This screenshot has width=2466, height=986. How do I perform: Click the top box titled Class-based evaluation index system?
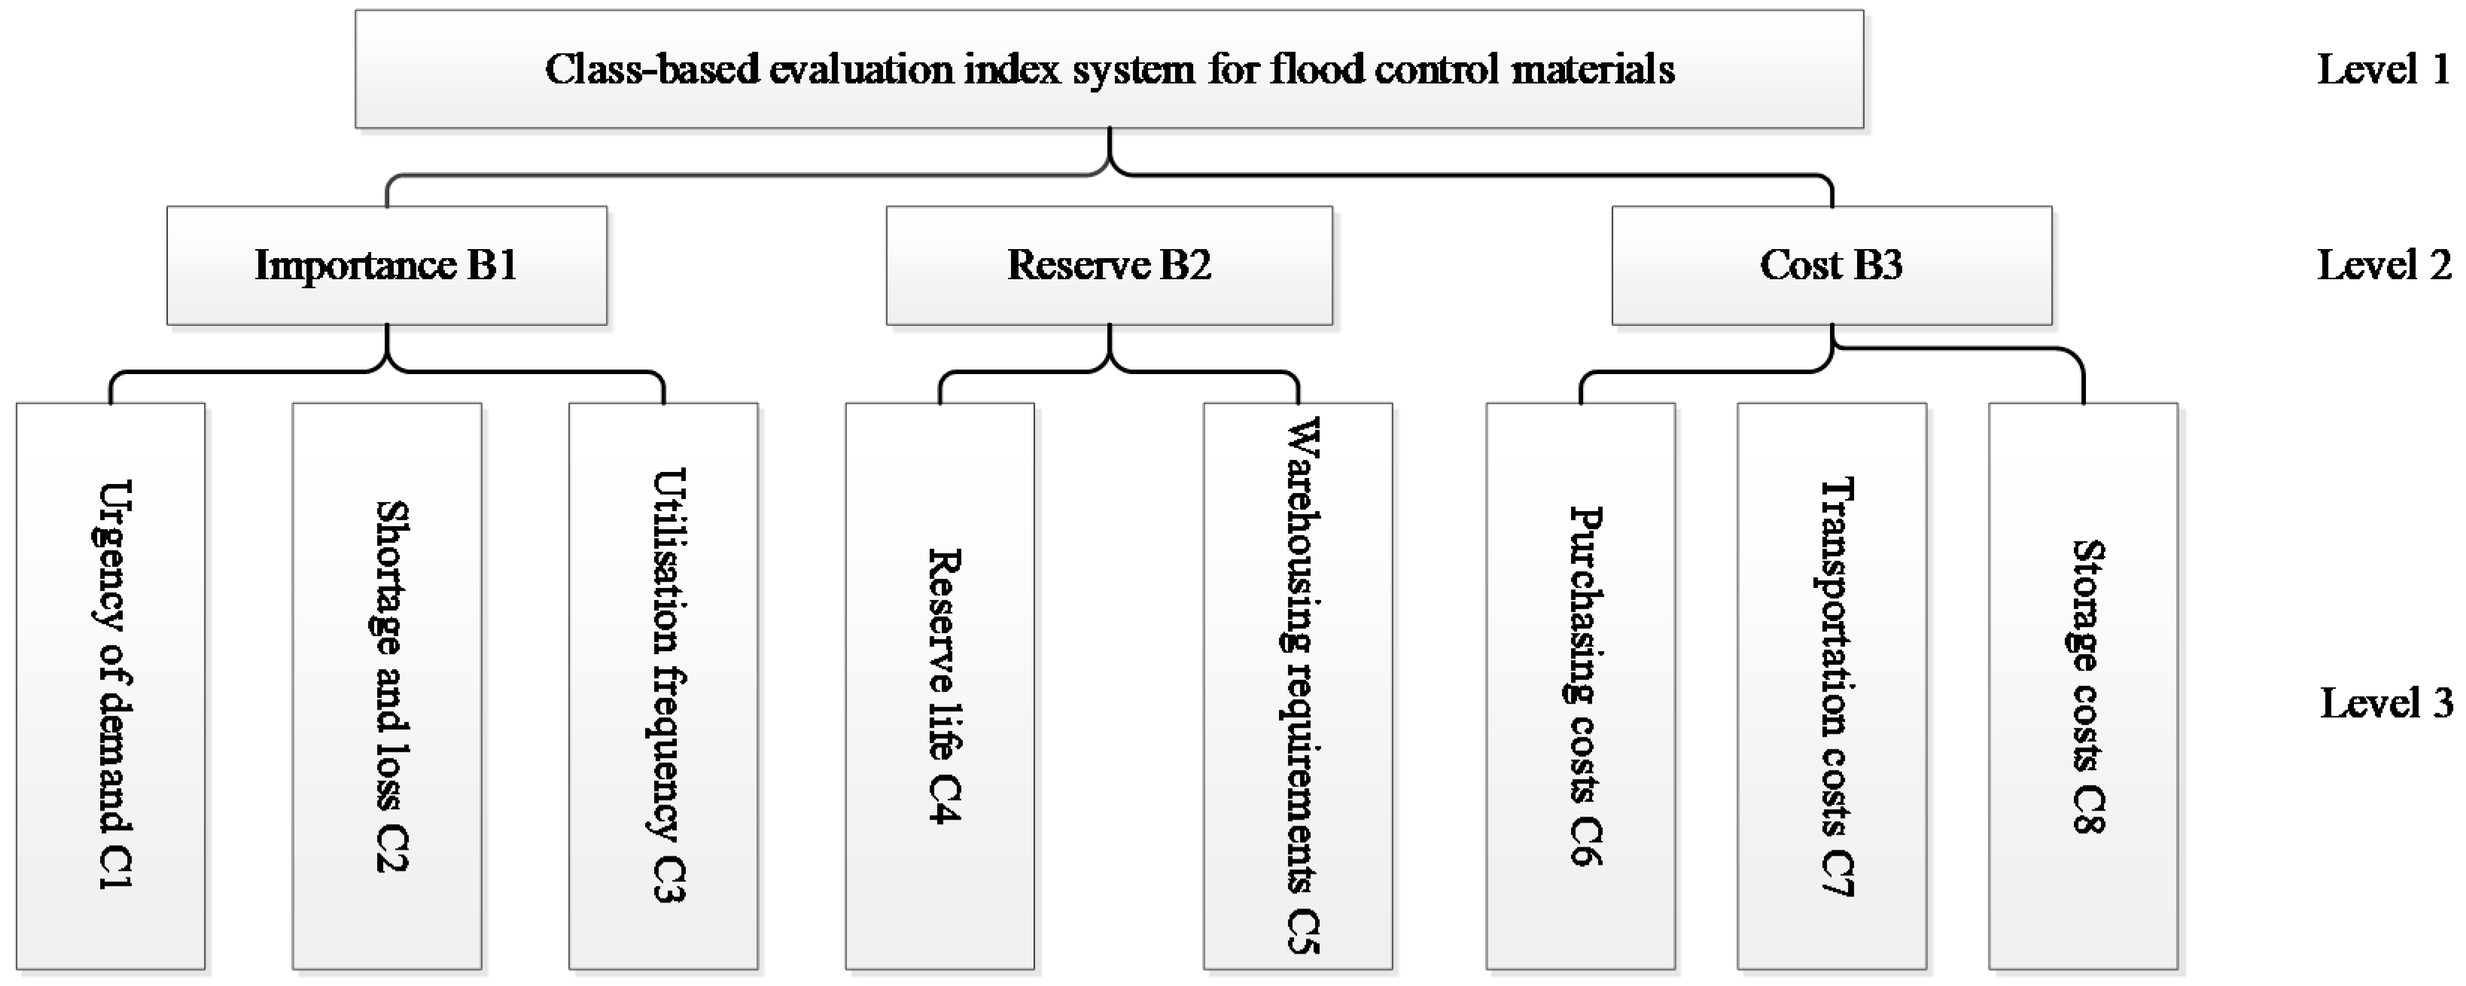[x=1109, y=69]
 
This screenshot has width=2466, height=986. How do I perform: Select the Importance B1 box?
[x=387, y=265]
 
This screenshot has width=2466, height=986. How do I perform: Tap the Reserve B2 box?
[x=1109, y=265]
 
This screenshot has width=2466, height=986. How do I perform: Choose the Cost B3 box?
[x=1831, y=265]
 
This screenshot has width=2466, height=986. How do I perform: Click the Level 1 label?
[x=2382, y=69]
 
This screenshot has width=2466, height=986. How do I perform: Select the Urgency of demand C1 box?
[x=111, y=686]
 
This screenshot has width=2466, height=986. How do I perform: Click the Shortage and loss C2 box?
[x=387, y=686]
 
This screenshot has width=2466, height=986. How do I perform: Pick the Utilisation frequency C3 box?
[x=663, y=686]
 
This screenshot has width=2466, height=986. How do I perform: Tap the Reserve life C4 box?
[x=939, y=686]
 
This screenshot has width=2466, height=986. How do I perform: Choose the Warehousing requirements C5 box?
[x=1298, y=686]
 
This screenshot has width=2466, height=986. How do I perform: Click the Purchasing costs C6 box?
[x=1581, y=686]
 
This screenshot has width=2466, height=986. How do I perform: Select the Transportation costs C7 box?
[x=1831, y=686]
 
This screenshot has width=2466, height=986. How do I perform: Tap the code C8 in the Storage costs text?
[x=2087, y=812]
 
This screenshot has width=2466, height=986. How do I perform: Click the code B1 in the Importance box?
[x=492, y=265]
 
